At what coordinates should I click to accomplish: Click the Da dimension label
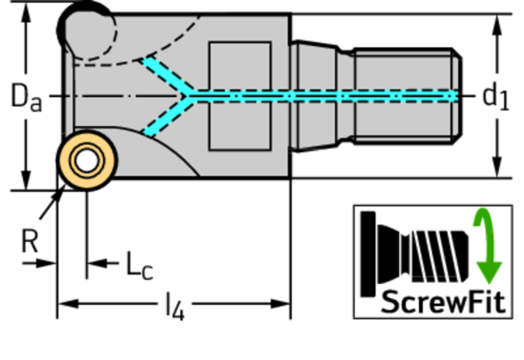[x=27, y=96]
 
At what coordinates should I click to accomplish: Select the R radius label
[x=30, y=241]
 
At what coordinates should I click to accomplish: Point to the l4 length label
[x=175, y=307]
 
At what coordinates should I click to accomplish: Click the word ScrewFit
[x=443, y=302]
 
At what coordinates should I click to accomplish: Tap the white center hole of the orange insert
[x=88, y=160]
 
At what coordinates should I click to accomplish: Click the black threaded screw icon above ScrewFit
[x=415, y=254]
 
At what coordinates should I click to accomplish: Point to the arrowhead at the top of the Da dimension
[x=26, y=13]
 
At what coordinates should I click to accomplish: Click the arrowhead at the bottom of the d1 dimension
[x=497, y=167]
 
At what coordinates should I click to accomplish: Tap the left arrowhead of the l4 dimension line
[x=68, y=304]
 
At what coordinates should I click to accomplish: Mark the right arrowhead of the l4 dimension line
[x=280, y=304]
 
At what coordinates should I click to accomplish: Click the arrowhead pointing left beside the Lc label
[x=97, y=263]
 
